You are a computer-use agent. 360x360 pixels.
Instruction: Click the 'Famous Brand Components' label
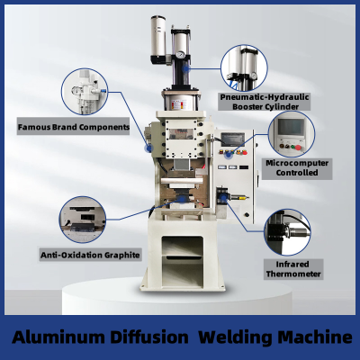(x=74, y=127)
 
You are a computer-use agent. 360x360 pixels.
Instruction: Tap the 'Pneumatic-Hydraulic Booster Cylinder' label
(x=265, y=102)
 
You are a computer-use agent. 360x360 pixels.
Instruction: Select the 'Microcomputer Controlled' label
(x=297, y=168)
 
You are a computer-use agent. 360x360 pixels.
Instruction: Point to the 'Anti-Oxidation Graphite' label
(x=90, y=255)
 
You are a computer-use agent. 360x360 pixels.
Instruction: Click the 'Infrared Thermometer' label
(x=293, y=269)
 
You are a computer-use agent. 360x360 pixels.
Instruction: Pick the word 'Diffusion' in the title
(x=149, y=337)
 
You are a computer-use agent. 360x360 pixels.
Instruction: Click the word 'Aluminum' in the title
(x=58, y=337)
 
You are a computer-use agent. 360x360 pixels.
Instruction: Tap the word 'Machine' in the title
(x=315, y=337)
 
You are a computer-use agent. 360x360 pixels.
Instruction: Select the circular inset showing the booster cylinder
(x=244, y=68)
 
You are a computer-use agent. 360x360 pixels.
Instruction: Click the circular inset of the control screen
(x=292, y=134)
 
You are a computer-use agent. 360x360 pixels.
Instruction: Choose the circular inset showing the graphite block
(x=83, y=220)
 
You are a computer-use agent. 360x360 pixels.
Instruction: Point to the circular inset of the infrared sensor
(x=287, y=232)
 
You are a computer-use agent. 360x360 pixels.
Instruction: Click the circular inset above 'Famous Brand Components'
(x=85, y=92)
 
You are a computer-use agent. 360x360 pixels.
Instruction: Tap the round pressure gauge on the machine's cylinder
(x=181, y=55)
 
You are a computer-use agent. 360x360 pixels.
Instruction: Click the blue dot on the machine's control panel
(x=229, y=155)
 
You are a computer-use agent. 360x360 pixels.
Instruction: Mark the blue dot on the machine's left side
(x=148, y=148)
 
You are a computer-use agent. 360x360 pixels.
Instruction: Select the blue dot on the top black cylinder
(x=186, y=68)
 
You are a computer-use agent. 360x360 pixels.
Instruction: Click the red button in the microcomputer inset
(x=298, y=148)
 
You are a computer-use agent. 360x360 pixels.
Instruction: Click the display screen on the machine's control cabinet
(x=232, y=139)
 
